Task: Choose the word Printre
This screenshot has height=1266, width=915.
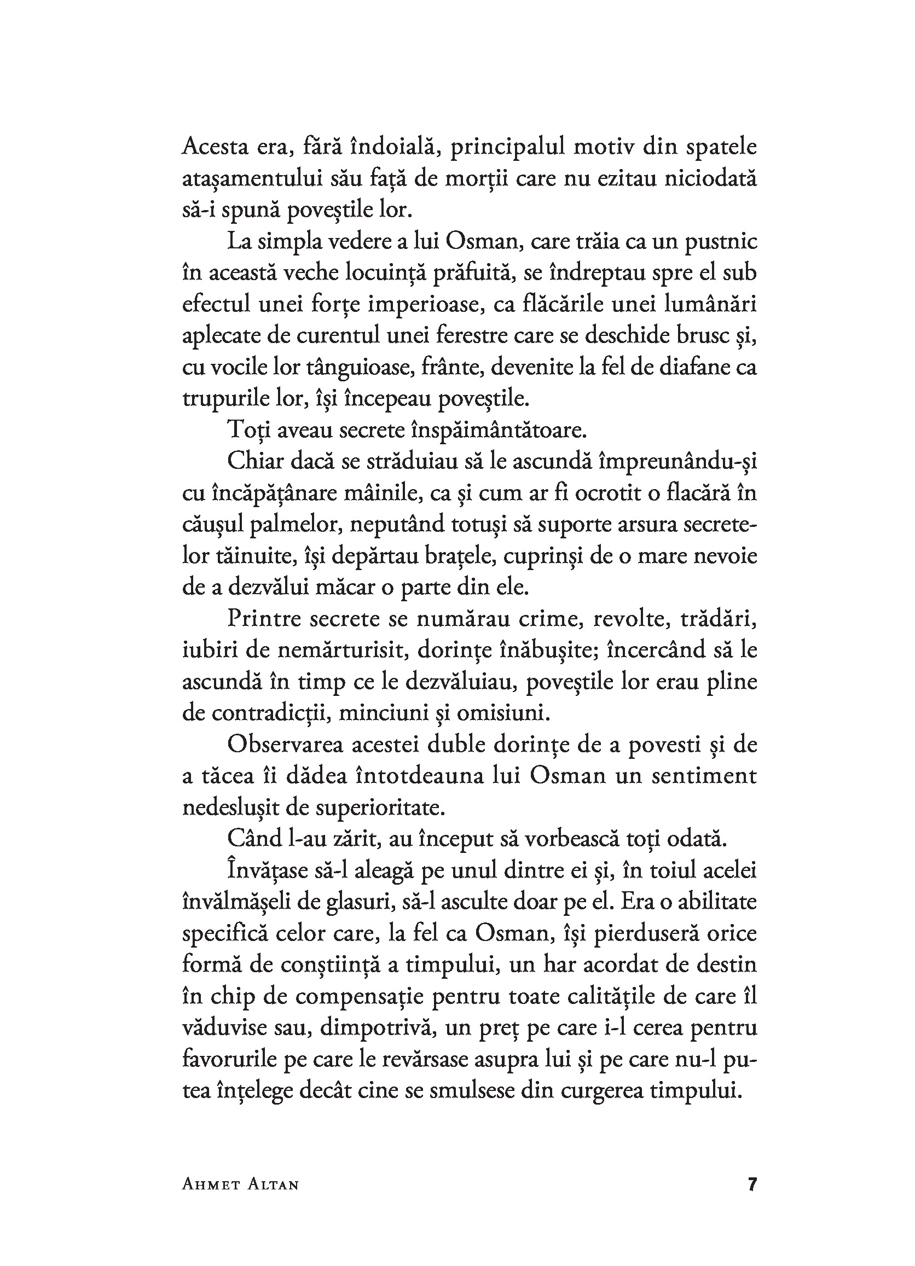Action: coord(264,619)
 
